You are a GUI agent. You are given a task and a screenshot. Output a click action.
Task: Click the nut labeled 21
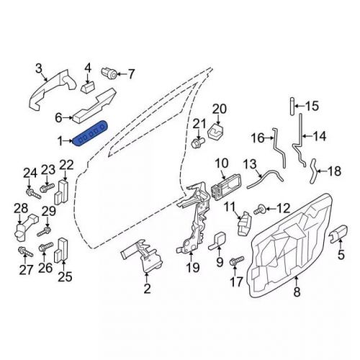click(196, 145)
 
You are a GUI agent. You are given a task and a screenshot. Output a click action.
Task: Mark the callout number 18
click(334, 171)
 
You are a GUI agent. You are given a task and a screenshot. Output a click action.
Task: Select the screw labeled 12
click(261, 210)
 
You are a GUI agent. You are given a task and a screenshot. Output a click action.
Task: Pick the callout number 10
click(220, 164)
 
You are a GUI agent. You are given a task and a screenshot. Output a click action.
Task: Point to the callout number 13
click(249, 164)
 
